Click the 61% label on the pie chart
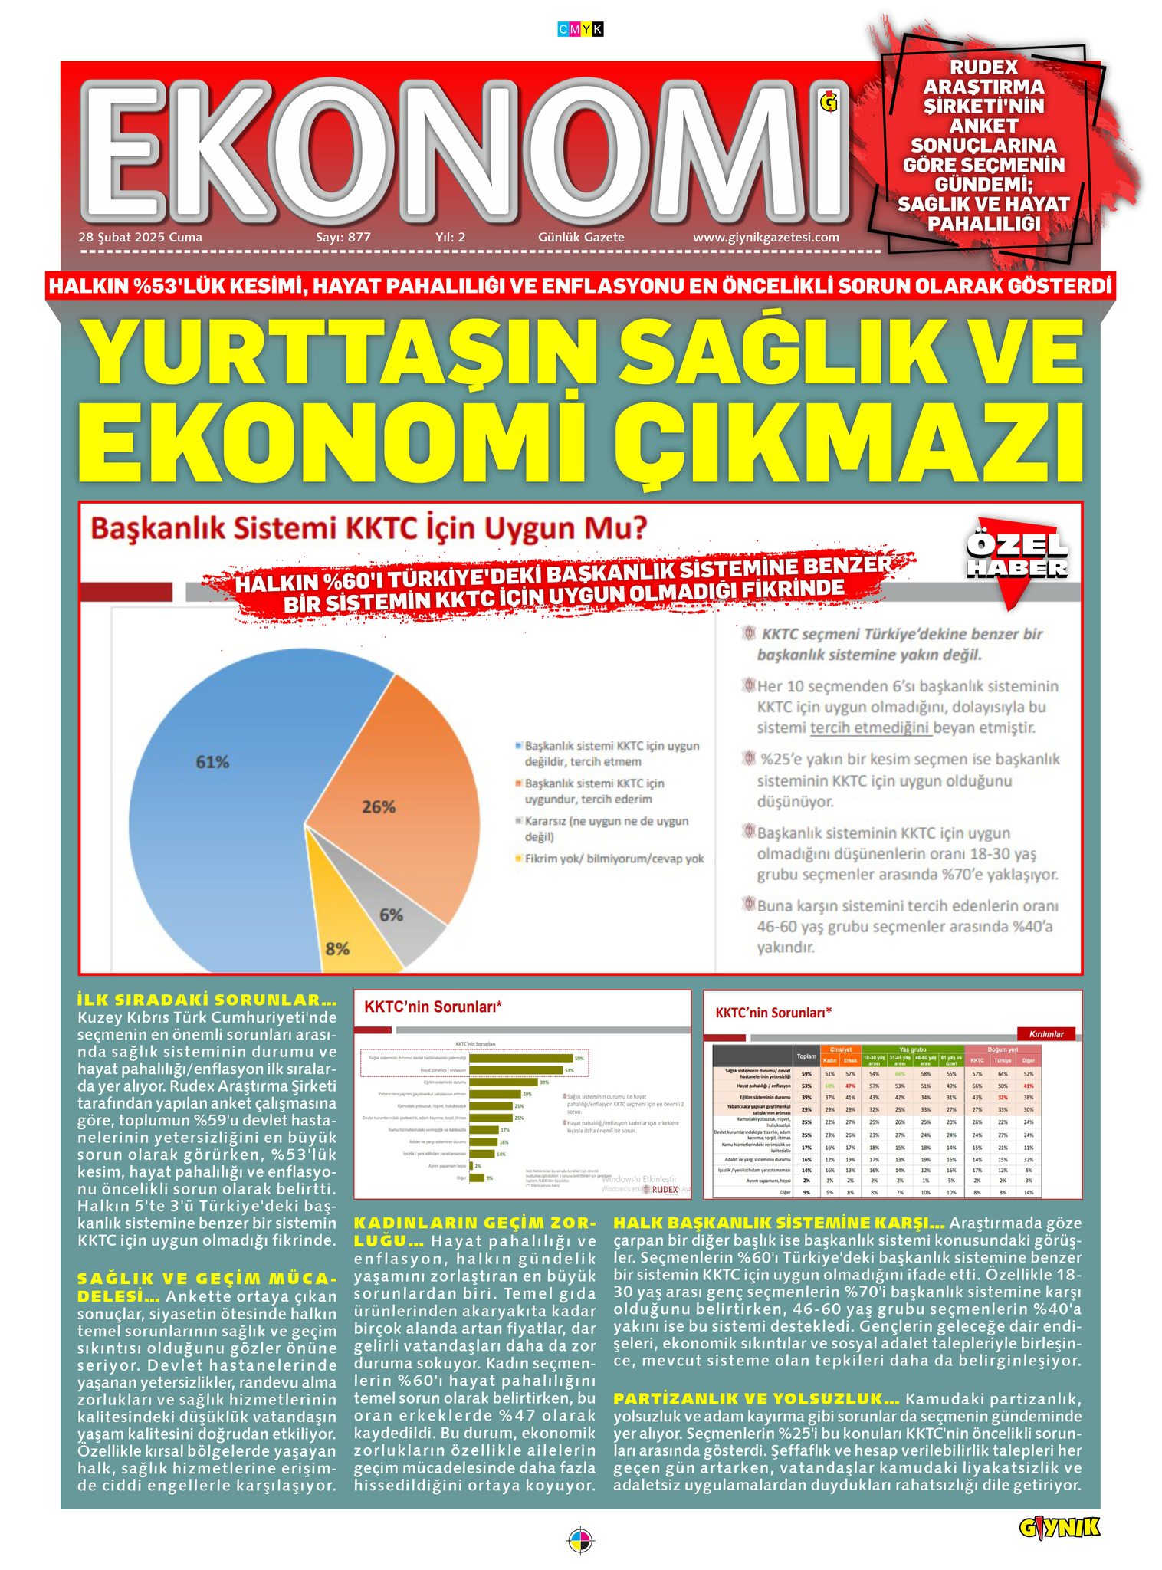click(212, 762)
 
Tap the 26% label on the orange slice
click(379, 807)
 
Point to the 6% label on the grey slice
click(391, 915)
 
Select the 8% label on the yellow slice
click(337, 948)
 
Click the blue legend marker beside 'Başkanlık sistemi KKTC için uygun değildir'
click(518, 745)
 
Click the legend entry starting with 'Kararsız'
click(606, 829)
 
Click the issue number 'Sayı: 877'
click(343, 238)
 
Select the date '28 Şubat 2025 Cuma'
click(140, 238)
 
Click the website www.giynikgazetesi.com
click(766, 238)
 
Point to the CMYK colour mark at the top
click(580, 30)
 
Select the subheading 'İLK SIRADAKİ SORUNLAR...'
click(207, 1000)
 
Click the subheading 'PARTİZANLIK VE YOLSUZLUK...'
click(756, 1399)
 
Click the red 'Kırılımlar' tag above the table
click(1046, 1034)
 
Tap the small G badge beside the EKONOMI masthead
click(829, 100)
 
